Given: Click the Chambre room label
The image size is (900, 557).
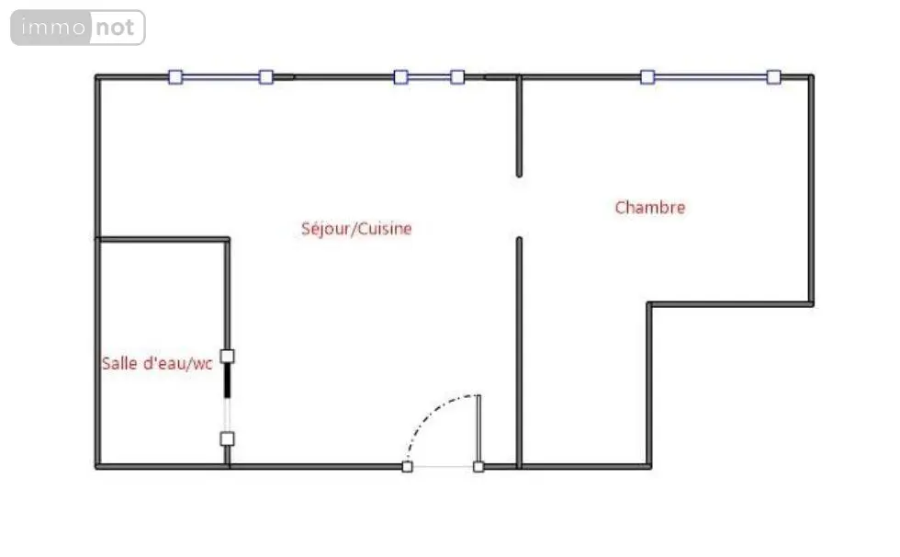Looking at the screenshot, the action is coord(650,208).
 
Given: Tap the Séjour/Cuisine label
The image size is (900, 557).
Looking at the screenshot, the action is coord(356,229).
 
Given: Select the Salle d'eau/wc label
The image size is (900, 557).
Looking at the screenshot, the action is coord(157,363).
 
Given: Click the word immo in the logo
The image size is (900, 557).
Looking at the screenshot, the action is coord(53,27).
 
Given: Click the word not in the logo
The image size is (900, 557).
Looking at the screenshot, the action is coord(115,27).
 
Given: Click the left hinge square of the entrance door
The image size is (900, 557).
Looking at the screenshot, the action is coord(407,467).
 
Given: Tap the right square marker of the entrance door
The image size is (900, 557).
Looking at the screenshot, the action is coord(478,467).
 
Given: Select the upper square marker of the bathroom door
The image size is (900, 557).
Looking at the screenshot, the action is coord(228,357).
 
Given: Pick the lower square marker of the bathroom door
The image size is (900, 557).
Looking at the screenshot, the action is coord(228,439).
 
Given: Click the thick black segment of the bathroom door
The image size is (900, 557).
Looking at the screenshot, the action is coord(228,381).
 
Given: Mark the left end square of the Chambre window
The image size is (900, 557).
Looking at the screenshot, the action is coord(647,77).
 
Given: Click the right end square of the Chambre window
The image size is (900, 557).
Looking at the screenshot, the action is coord(773,77).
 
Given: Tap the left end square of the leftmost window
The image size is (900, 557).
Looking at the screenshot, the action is coord(175,77).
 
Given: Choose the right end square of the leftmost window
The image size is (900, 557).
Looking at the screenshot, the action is coord(265,77).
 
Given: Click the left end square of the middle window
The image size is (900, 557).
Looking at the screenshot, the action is coord(400,77).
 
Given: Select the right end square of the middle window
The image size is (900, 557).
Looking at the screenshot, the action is coord(457,77).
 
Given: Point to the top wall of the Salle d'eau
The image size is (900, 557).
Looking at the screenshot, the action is coord(163,240).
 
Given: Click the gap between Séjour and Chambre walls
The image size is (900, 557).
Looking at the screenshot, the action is coord(519,207).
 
